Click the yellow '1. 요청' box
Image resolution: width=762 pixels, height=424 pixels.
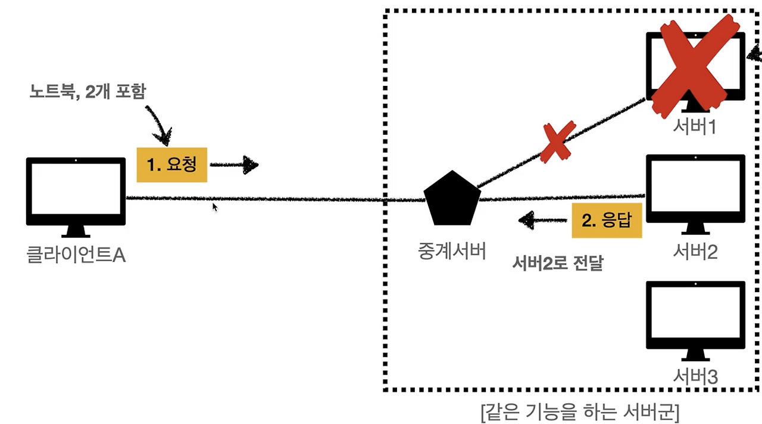point(172,165)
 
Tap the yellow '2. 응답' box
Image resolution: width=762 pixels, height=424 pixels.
point(607,220)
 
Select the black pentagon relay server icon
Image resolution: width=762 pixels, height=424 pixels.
point(452,199)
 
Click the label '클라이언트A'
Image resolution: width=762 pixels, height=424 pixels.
point(76,255)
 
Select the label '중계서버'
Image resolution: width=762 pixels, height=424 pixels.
point(452,251)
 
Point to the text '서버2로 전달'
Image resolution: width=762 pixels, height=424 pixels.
point(557,263)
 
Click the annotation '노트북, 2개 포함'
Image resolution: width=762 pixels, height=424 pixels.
point(88,92)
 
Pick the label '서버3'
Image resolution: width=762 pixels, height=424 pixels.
point(695,376)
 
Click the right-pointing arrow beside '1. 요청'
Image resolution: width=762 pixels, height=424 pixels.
point(235,165)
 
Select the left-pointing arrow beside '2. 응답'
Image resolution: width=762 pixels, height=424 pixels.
point(542,220)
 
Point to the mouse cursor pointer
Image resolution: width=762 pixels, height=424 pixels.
point(215,207)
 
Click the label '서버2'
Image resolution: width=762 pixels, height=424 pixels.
point(695,252)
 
